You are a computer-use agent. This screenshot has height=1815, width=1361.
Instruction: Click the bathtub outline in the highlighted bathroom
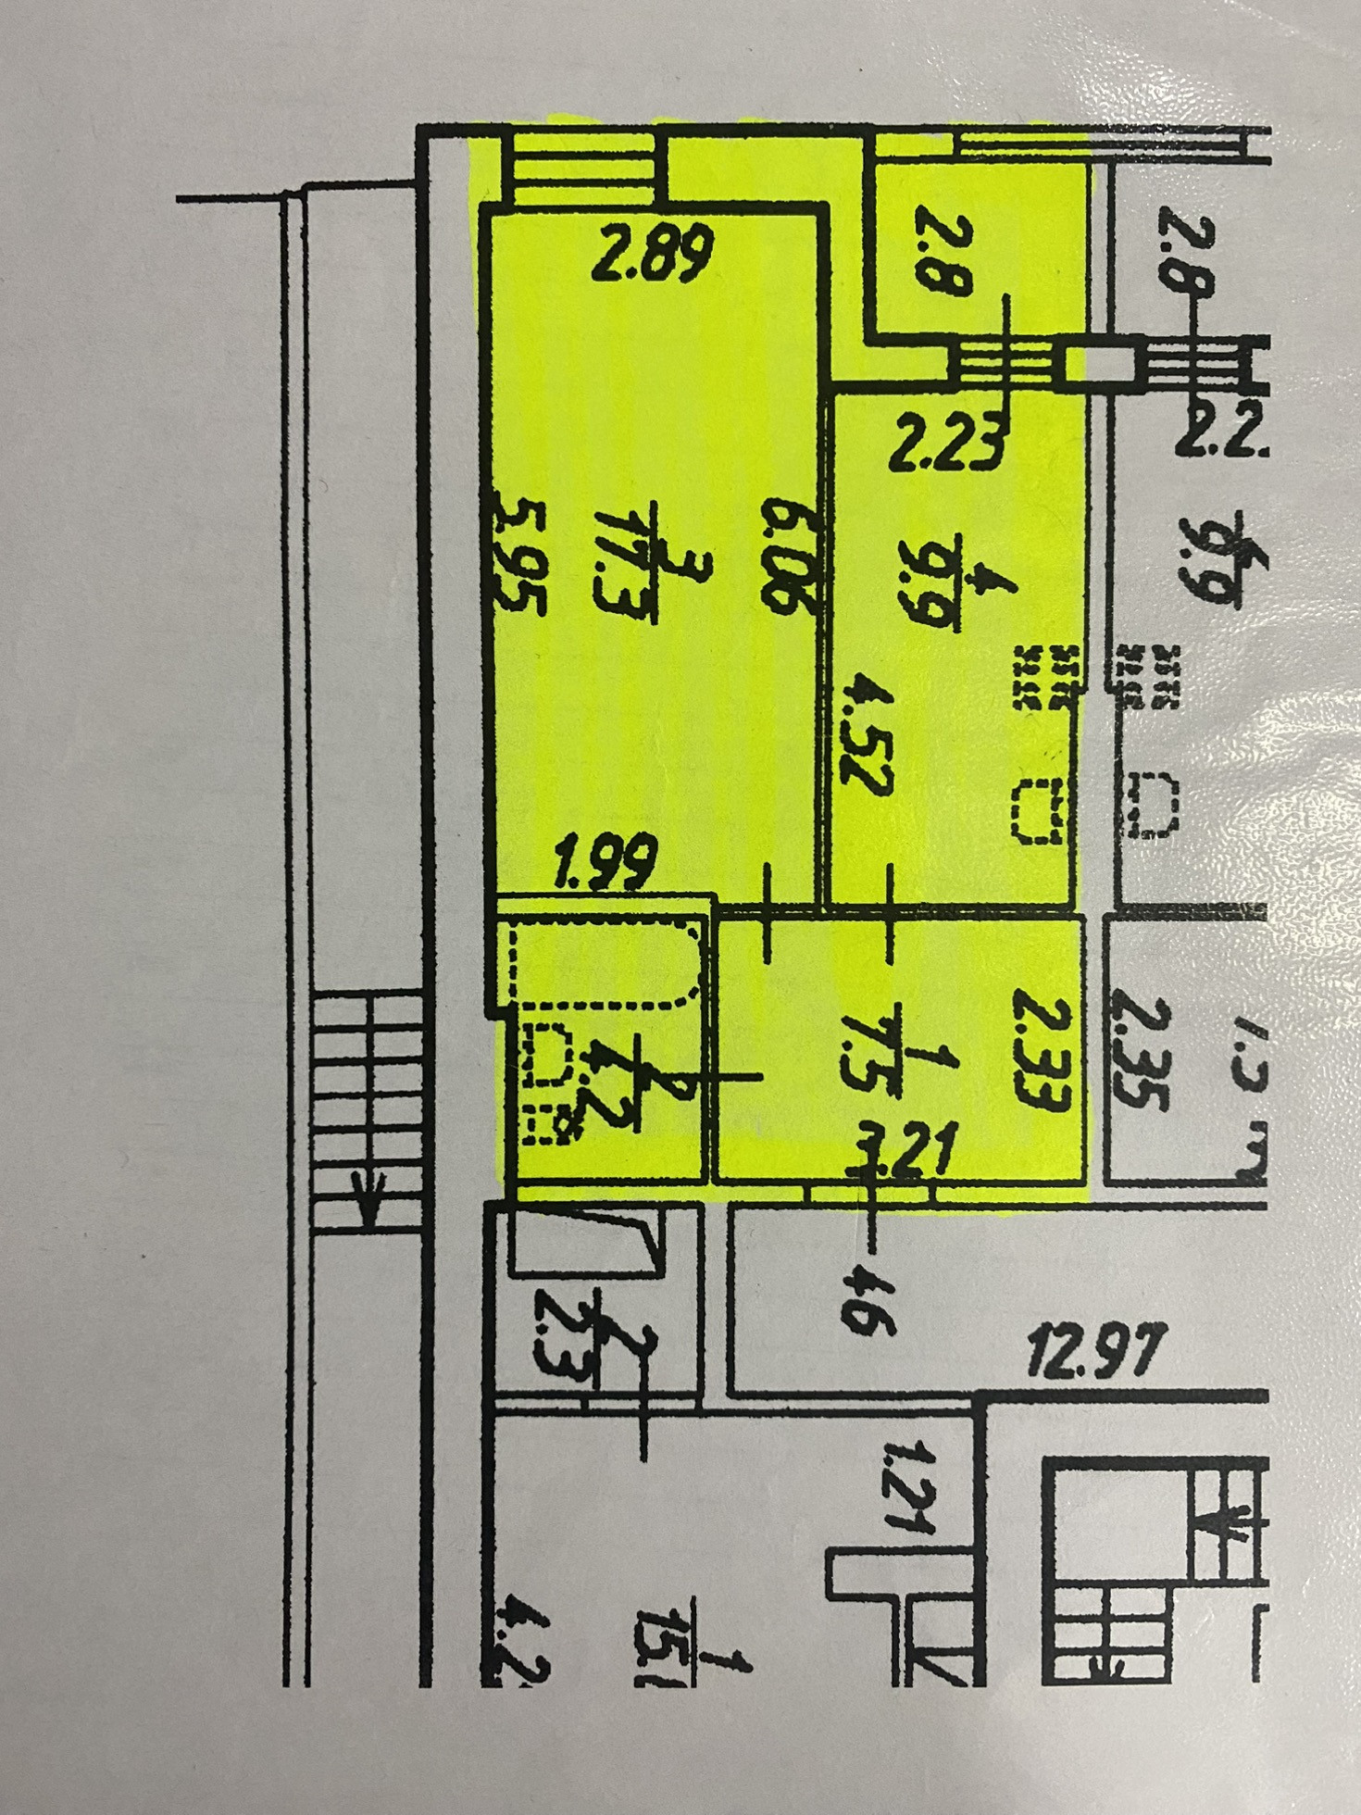click(x=606, y=962)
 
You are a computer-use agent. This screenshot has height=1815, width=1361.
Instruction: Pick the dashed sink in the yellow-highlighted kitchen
click(x=1038, y=810)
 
